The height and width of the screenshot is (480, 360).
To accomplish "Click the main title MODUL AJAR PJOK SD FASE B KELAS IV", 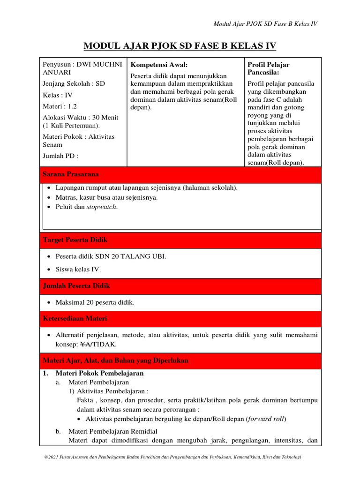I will [180, 45].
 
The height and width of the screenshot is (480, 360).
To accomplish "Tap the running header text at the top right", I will [265, 24].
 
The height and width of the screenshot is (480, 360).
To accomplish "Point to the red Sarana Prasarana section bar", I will [180, 174].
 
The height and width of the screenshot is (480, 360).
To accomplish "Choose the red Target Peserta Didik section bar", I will [180, 240].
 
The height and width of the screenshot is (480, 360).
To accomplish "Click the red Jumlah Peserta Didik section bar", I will [180, 285].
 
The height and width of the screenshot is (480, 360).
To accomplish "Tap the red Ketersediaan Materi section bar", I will [180, 318].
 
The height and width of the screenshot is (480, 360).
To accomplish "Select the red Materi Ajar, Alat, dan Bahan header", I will [180, 360].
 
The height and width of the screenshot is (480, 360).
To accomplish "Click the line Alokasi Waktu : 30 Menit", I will [81, 117].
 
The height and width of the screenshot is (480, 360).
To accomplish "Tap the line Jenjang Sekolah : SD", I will [74, 83].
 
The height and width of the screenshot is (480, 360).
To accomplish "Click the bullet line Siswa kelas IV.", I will [78, 269].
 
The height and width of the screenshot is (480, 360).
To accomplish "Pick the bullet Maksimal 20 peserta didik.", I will [95, 302].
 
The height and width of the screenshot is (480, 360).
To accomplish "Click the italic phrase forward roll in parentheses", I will [266, 419].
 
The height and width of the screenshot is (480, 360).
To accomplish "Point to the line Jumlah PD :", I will [60, 156].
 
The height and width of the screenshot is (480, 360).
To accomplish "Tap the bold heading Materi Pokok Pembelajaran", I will [99, 374].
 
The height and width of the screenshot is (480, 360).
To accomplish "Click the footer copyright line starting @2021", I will [172, 457].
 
